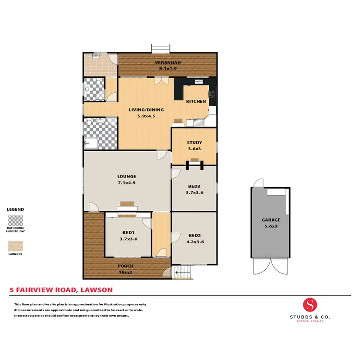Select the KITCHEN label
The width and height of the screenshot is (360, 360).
[196, 101]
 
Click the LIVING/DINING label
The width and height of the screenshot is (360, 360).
[146, 109]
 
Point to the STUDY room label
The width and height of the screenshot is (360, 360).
[194, 143]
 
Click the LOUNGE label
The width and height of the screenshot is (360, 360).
[126, 176]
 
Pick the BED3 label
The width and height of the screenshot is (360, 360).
[194, 186]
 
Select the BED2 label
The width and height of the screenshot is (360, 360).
[194, 235]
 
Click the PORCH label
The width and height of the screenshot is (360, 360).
[126, 266]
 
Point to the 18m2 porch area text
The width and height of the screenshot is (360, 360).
[126, 272]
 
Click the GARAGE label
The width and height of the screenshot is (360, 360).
[271, 220]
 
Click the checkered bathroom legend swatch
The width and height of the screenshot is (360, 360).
[15, 221]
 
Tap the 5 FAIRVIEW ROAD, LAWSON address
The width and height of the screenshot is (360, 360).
[61, 290]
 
